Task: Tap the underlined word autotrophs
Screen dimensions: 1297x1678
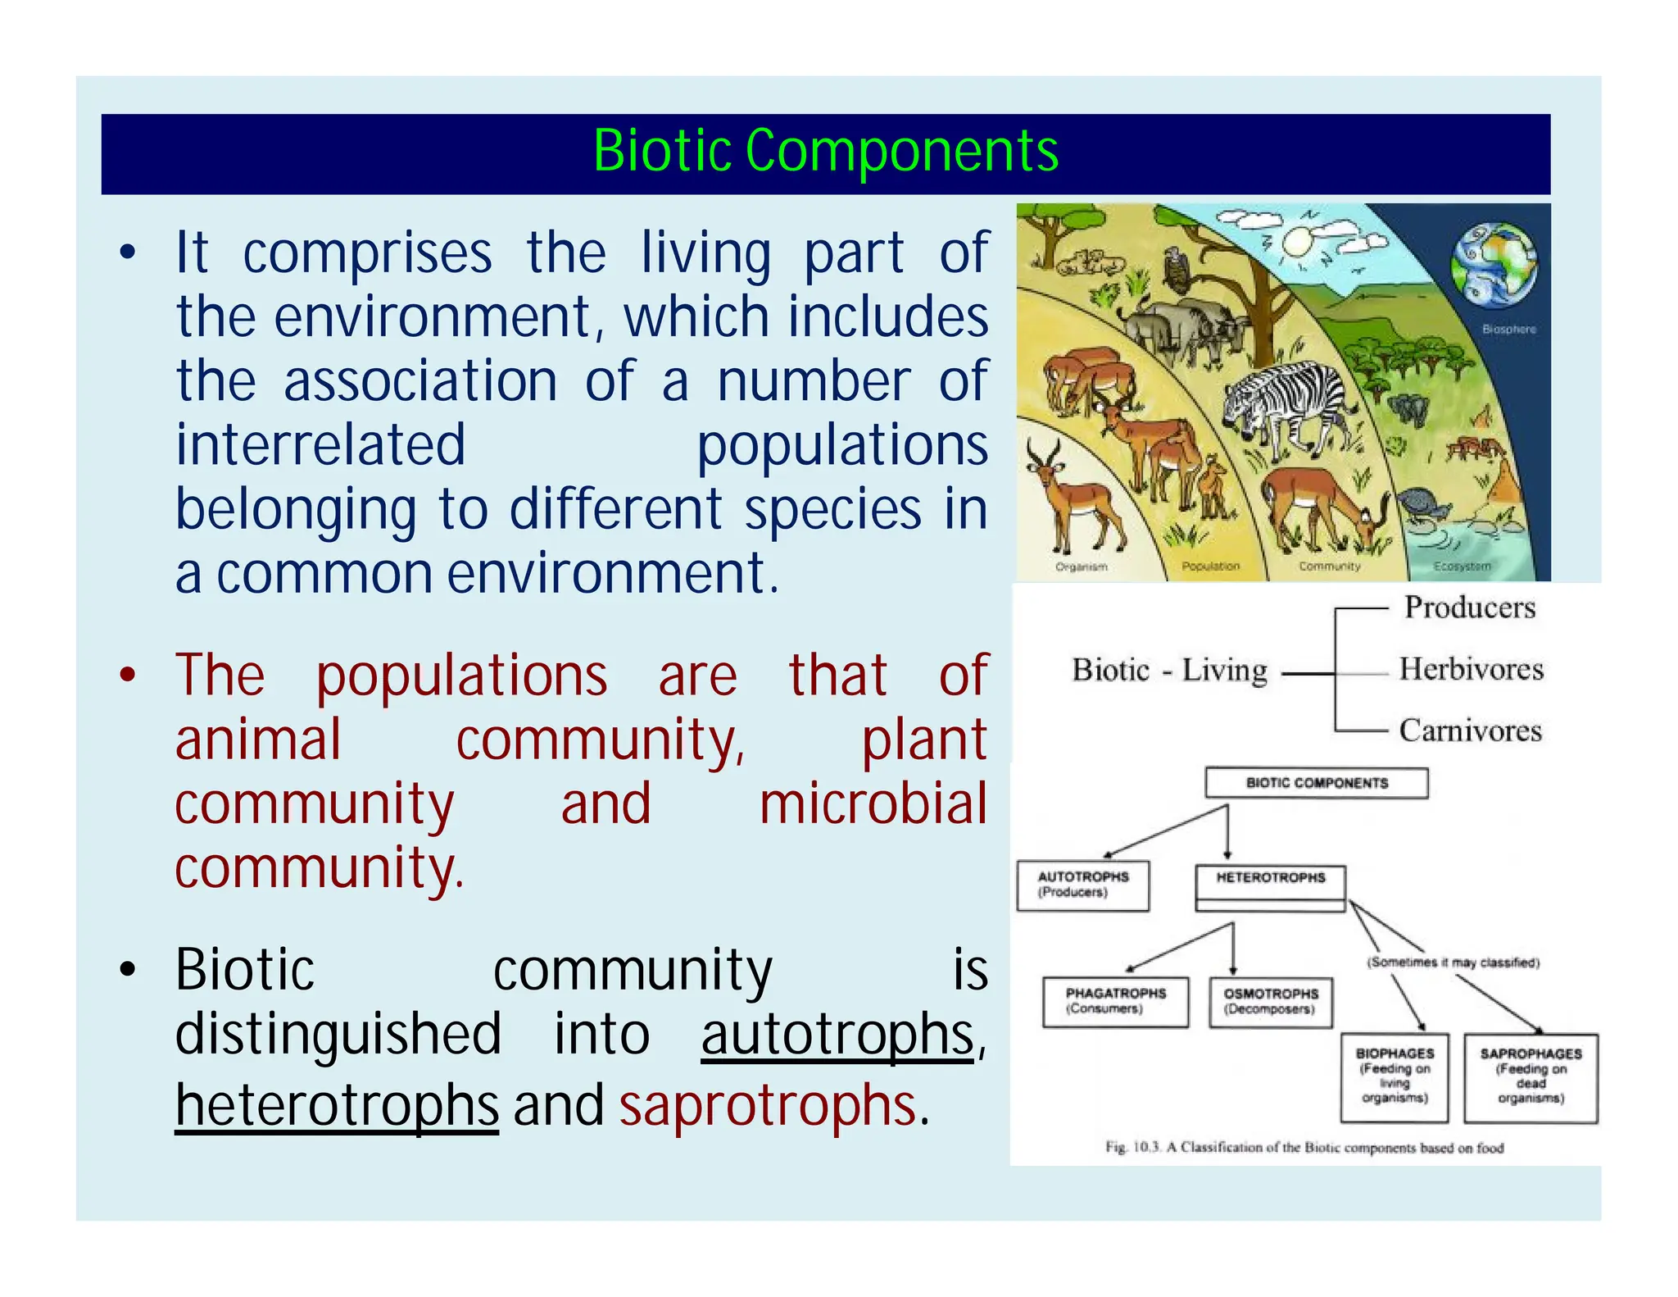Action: [x=837, y=1035]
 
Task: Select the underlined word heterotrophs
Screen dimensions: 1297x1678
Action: [x=337, y=1105]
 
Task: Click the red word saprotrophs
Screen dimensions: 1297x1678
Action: [x=767, y=1105]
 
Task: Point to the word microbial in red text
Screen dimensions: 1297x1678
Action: [x=873, y=803]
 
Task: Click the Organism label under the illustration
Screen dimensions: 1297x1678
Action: [x=1081, y=567]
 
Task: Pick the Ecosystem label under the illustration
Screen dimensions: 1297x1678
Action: [x=1462, y=567]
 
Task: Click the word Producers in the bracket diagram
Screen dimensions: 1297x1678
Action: [x=1470, y=608]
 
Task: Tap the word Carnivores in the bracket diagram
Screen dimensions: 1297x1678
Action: [x=1470, y=730]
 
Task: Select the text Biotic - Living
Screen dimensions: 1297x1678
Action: [x=1169, y=671]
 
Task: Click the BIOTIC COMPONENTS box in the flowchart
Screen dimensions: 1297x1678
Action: [x=1316, y=783]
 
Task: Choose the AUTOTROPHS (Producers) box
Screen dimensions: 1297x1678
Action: [x=1082, y=885]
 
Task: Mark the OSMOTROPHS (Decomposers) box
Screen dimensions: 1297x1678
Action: [x=1270, y=1002]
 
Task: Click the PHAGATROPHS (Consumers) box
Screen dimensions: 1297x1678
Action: [x=1115, y=1002]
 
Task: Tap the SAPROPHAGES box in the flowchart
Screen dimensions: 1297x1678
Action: [x=1531, y=1076]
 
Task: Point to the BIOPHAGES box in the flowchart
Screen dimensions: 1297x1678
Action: [x=1394, y=1076]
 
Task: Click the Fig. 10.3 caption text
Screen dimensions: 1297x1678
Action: [x=1304, y=1147]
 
